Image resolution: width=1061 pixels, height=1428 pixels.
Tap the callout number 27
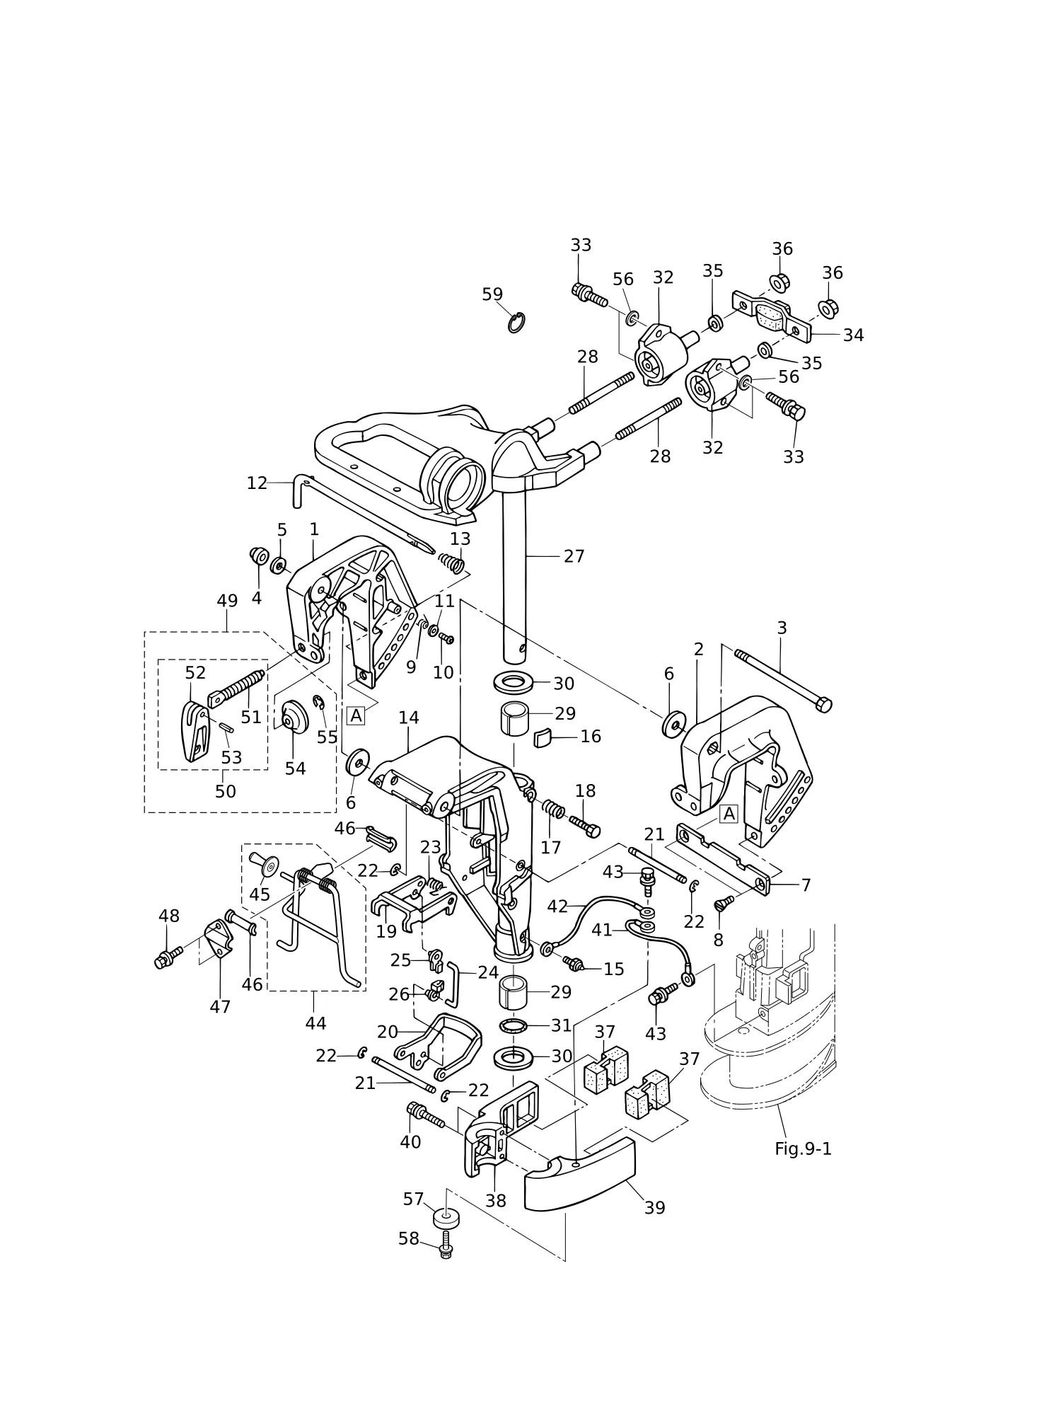pos(574,557)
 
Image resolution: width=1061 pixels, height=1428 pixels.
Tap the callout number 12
pos(257,483)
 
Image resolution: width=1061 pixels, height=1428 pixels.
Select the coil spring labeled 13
pos(451,563)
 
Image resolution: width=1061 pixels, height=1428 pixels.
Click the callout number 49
pos(227,601)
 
